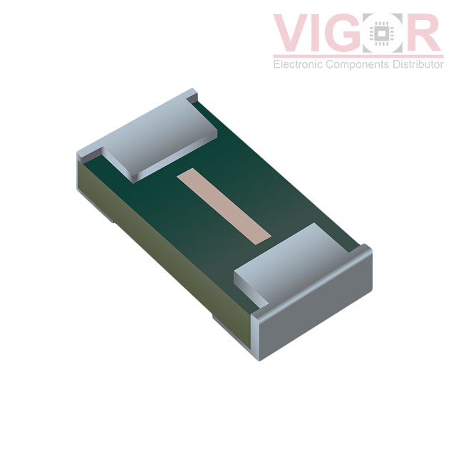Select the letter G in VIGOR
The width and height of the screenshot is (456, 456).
point(346,33)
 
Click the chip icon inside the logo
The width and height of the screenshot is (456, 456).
point(382,33)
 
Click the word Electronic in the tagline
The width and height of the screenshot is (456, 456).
point(298,64)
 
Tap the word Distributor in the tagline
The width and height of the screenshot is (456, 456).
point(418,64)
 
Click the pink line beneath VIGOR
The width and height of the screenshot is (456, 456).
point(358,56)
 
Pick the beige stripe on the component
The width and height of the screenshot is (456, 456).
point(224,206)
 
